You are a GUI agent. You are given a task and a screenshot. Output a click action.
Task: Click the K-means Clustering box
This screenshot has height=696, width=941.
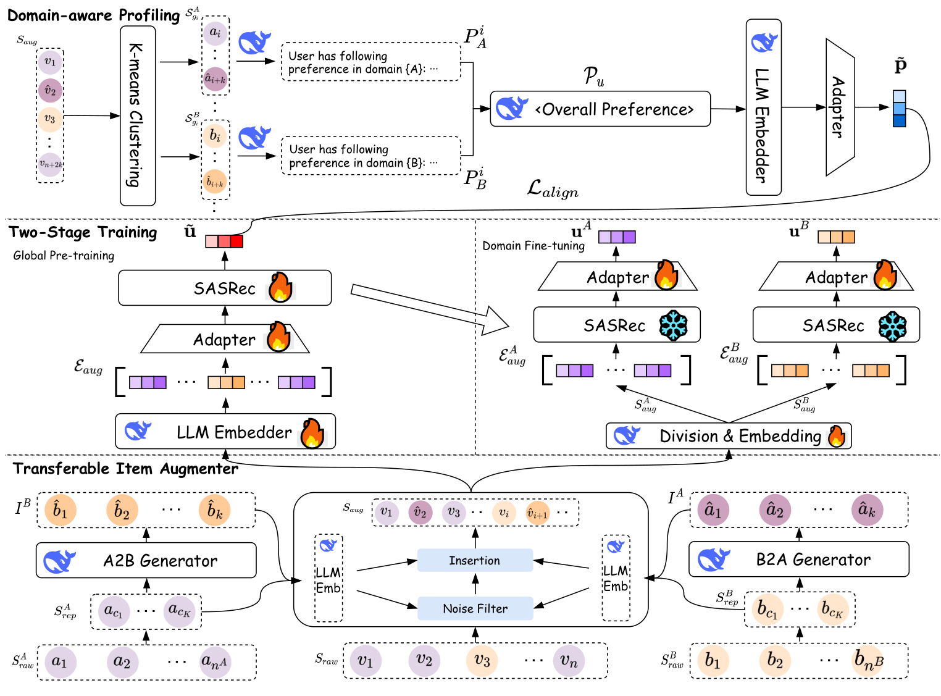(137, 115)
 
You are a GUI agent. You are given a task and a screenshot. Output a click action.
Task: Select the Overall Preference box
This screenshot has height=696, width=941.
(600, 109)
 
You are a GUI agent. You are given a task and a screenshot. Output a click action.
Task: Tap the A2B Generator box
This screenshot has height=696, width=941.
(146, 560)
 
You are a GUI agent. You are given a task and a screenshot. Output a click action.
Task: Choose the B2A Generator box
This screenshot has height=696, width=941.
(798, 560)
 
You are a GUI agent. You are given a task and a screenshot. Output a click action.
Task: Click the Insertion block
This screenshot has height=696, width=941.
(475, 560)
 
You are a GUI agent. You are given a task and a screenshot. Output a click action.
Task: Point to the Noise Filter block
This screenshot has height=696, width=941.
(475, 608)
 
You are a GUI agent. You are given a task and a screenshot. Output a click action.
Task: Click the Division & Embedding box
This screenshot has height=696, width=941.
(729, 436)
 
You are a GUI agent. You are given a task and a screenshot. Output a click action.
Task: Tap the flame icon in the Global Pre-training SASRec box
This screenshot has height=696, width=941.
(280, 287)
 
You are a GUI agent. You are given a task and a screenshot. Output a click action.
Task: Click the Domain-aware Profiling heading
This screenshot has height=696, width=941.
(94, 15)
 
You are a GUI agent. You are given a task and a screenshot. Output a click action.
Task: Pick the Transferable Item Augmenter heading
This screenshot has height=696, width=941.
(126, 469)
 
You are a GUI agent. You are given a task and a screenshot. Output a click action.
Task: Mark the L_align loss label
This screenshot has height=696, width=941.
(553, 189)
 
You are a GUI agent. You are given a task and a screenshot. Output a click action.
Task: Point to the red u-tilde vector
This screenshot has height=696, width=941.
(224, 241)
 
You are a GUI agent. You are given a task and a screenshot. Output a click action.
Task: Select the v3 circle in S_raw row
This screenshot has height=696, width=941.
(482, 661)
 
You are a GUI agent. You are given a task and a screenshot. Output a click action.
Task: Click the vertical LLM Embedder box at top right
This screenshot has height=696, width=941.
(764, 107)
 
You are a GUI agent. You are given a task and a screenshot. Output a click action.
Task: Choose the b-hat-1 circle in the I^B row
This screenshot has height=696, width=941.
(60, 510)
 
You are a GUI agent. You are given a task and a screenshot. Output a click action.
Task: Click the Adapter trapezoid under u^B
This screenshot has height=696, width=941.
(836, 277)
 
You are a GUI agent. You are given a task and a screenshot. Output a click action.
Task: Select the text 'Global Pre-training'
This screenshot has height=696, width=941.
(64, 256)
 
